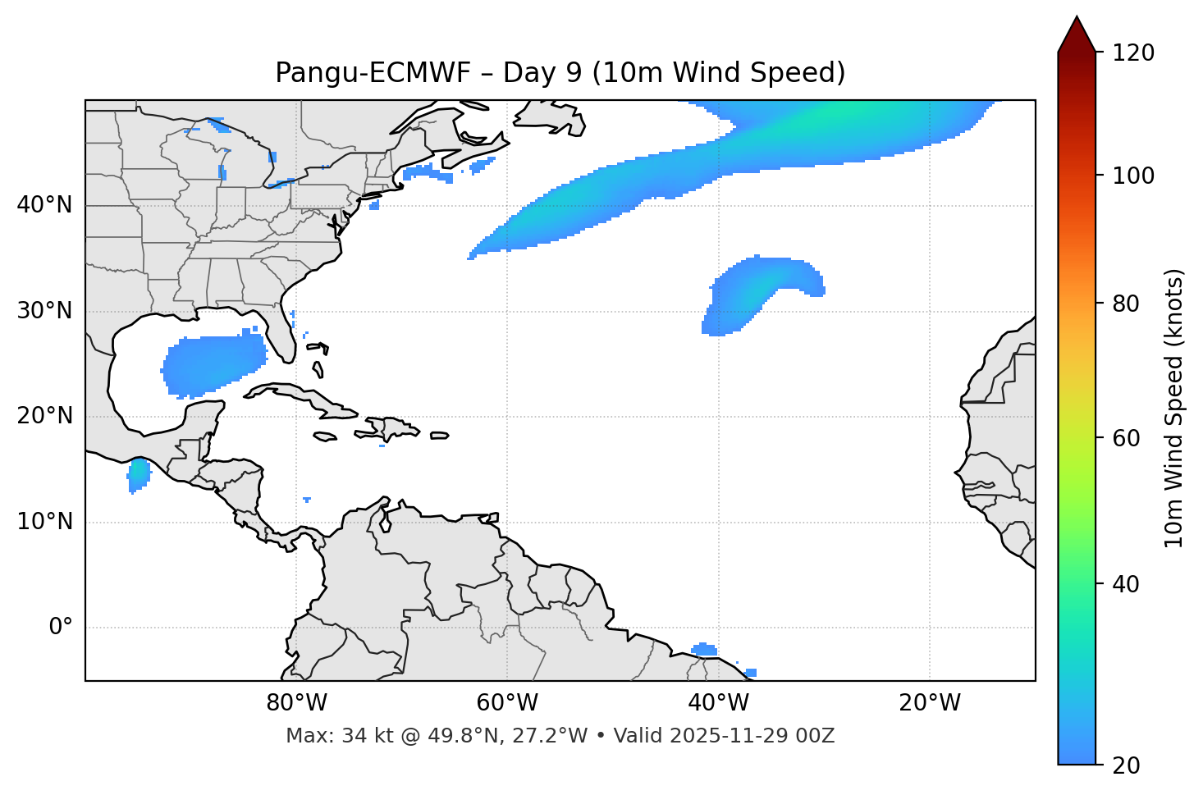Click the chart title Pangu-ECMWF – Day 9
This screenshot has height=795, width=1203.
click(x=560, y=73)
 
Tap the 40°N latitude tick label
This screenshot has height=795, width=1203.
click(x=44, y=205)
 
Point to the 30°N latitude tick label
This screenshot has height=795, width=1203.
click(x=44, y=311)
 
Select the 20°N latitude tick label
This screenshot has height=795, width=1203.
click(x=44, y=416)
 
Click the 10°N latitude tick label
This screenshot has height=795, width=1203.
click(x=44, y=522)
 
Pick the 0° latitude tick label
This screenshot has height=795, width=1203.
click(x=61, y=628)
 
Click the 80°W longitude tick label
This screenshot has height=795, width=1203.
click(x=296, y=703)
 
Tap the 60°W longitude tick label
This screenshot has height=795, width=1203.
click(x=507, y=703)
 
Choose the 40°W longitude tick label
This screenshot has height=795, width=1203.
click(x=718, y=703)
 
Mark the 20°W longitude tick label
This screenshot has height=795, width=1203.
click(x=929, y=703)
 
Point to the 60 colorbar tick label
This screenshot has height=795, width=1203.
click(x=1130, y=438)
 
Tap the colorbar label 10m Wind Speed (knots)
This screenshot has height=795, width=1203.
click(x=1174, y=409)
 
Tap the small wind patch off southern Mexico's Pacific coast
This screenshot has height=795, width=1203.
click(x=139, y=473)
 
